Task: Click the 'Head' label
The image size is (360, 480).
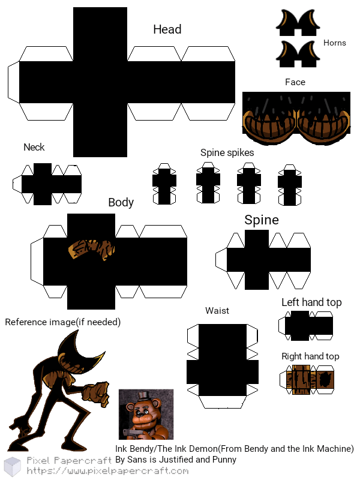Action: tap(167, 29)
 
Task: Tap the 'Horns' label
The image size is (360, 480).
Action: tap(334, 43)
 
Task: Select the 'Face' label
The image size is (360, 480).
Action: tap(295, 82)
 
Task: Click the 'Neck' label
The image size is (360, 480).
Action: tap(34, 147)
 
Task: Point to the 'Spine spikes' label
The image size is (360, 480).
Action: tap(227, 152)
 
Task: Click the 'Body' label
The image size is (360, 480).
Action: tap(121, 202)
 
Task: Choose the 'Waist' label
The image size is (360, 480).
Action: tap(217, 311)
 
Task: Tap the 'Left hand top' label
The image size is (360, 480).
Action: tap(311, 302)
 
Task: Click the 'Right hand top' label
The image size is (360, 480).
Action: tap(310, 356)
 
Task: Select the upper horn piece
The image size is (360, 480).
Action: tap(296, 22)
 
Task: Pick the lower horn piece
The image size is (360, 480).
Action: tap(296, 53)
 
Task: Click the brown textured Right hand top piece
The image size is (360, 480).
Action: tap(307, 379)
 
